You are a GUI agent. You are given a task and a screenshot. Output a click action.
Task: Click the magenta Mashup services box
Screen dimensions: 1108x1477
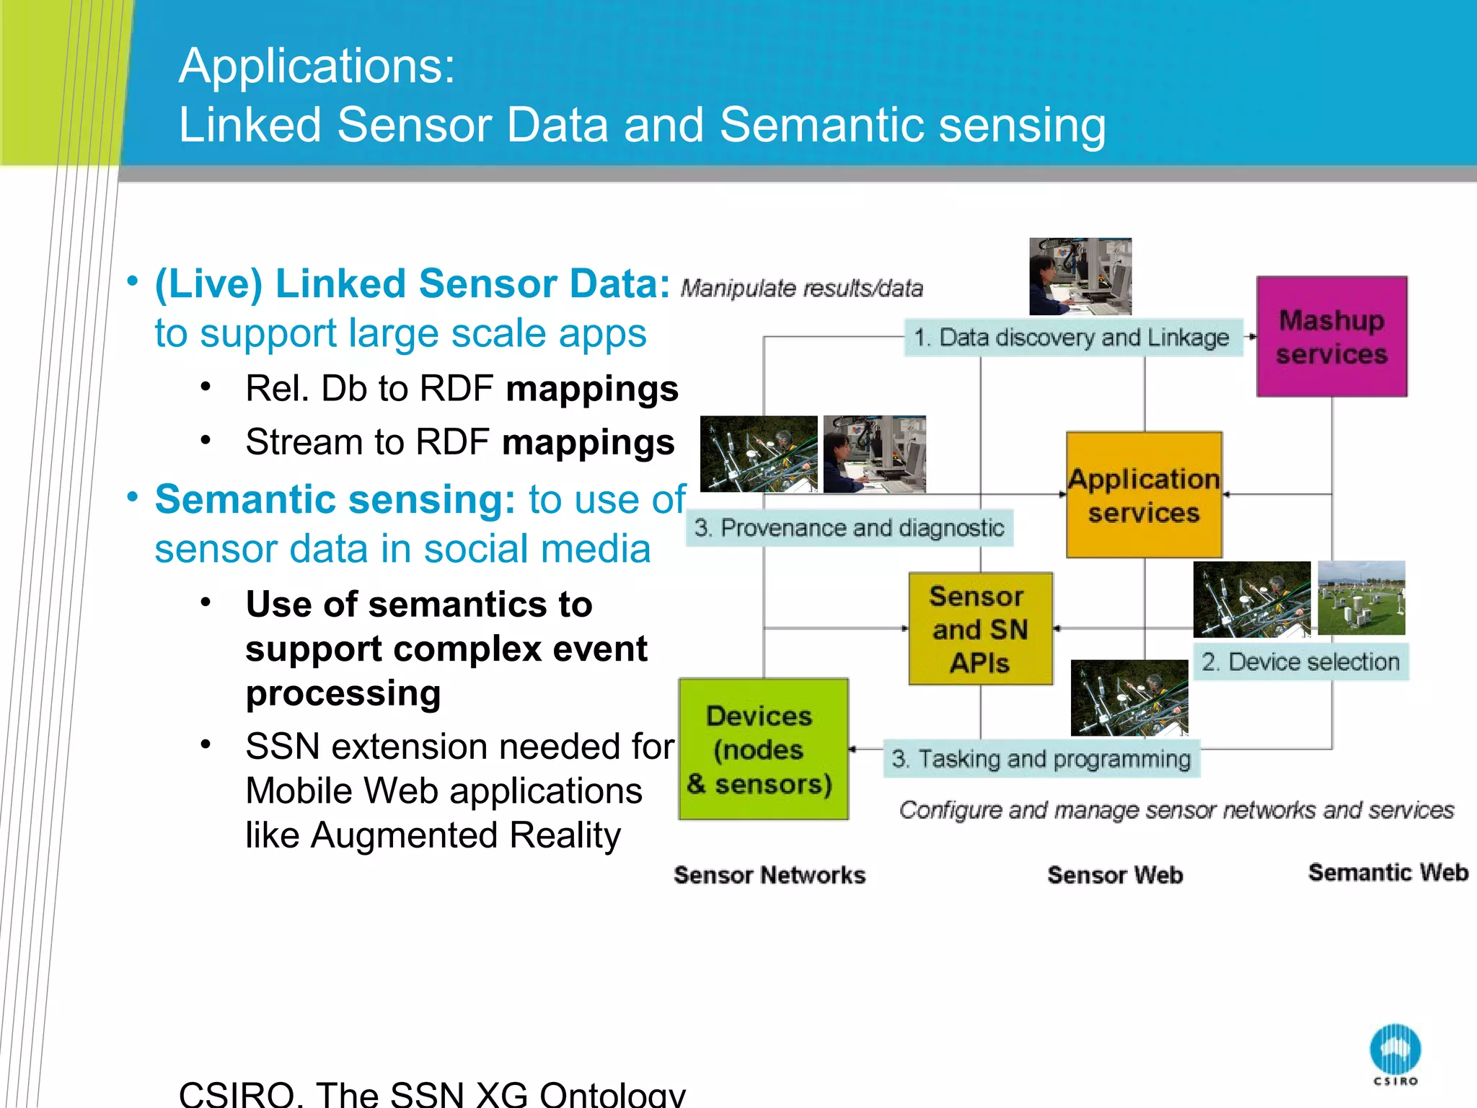pyautogui.click(x=1331, y=336)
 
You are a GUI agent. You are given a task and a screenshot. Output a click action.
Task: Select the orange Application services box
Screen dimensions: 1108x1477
pyautogui.click(x=1144, y=495)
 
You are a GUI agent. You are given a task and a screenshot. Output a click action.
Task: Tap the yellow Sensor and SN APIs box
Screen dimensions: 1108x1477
pyautogui.click(x=980, y=629)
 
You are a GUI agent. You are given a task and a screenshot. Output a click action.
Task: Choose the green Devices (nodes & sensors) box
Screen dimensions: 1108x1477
pyautogui.click(x=763, y=749)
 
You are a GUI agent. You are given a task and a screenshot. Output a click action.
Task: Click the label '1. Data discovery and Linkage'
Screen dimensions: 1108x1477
pyautogui.click(x=1072, y=338)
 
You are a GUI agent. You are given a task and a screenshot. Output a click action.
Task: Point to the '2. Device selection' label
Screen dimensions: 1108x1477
pyautogui.click(x=1300, y=661)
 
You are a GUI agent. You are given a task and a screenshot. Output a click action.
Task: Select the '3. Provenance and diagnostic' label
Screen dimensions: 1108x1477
pyautogui.click(x=849, y=528)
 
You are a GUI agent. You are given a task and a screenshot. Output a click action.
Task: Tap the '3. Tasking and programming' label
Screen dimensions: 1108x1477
pyautogui.click(x=1041, y=759)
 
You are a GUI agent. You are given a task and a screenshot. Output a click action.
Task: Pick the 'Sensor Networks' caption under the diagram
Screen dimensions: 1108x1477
pyautogui.click(x=769, y=875)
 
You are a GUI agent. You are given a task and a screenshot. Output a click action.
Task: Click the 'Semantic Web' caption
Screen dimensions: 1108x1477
pyautogui.click(x=1388, y=873)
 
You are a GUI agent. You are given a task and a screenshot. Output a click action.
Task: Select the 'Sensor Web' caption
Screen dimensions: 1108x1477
pyautogui.click(x=1115, y=875)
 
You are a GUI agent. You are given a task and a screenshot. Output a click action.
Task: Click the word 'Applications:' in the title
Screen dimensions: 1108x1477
pyautogui.click(x=317, y=66)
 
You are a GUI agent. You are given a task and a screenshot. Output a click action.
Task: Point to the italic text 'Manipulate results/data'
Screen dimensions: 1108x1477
pyautogui.click(x=801, y=289)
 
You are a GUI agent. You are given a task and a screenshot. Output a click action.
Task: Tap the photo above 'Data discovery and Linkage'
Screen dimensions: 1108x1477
pyautogui.click(x=1080, y=276)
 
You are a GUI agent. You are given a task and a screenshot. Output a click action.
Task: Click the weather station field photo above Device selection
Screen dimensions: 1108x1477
pyautogui.click(x=1361, y=598)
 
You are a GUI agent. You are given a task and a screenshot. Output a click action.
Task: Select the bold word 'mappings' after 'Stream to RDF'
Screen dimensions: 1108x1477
pyautogui.click(x=588, y=442)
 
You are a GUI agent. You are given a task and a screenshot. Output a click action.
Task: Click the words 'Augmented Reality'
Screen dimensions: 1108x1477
pyautogui.click(x=465, y=835)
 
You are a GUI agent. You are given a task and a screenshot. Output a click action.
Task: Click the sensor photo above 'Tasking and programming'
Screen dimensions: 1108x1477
pyautogui.click(x=1129, y=698)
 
